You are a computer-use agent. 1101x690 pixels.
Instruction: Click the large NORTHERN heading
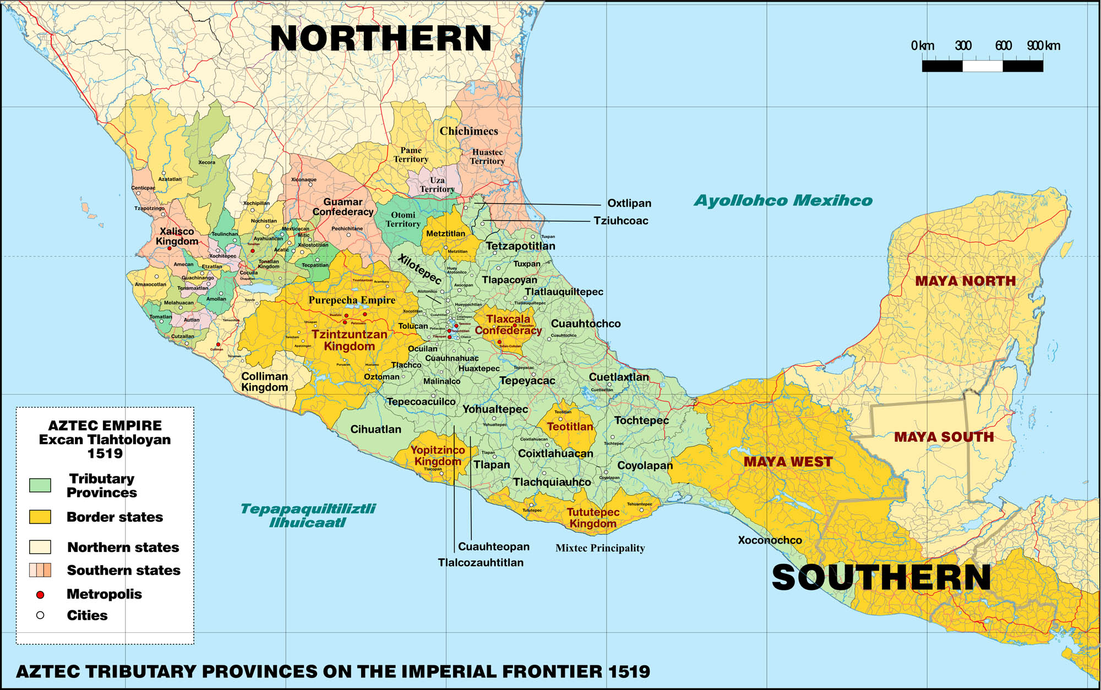pyautogui.click(x=380, y=39)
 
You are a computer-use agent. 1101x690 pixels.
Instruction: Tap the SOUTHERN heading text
pyautogui.click(x=881, y=578)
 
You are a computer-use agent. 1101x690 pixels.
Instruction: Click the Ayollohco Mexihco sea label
pyautogui.click(x=783, y=201)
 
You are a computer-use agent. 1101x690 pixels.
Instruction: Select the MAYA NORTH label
pyautogui.click(x=965, y=281)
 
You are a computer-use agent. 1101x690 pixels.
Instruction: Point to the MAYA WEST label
pyautogui.click(x=788, y=462)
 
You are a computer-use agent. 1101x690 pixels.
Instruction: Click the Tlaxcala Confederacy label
pyautogui.click(x=508, y=325)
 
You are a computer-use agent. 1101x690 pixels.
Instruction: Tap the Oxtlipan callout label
pyautogui.click(x=629, y=204)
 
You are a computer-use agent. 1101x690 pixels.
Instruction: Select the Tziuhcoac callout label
pyautogui.click(x=620, y=221)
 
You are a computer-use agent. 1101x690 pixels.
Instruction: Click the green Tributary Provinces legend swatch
pyautogui.click(x=40, y=485)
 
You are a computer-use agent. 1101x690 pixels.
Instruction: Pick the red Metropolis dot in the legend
pyautogui.click(x=40, y=595)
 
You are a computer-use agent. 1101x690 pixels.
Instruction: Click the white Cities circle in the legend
pyautogui.click(x=40, y=615)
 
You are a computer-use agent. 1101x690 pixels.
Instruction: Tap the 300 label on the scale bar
pyautogui.click(x=963, y=46)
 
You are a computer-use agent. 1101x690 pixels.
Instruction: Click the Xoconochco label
pyautogui.click(x=770, y=540)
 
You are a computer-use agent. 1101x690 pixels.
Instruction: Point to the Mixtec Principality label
pyautogui.click(x=600, y=548)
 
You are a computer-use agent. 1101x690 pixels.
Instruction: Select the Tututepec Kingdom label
pyautogui.click(x=593, y=518)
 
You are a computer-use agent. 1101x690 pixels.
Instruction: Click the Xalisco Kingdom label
pyautogui.click(x=177, y=237)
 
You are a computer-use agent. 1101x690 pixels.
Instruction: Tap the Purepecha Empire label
pyautogui.click(x=352, y=300)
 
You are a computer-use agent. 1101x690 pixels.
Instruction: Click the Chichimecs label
pyautogui.click(x=468, y=132)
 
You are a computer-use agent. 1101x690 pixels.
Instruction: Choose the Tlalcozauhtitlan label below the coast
pyautogui.click(x=481, y=563)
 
